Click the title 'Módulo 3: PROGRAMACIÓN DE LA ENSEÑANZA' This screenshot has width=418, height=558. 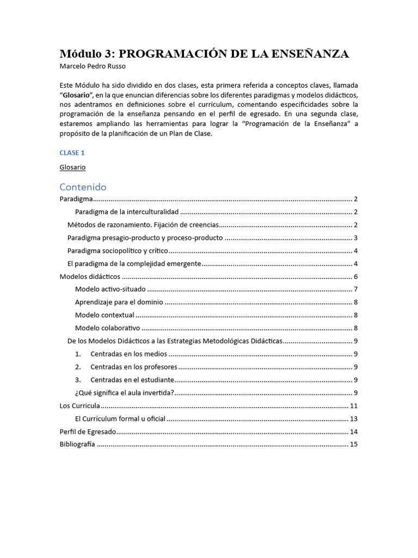pos(204,54)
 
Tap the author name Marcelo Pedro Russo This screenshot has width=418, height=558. pos(93,66)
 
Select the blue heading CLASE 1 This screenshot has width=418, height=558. pos(72,153)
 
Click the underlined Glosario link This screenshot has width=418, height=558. pos(72,167)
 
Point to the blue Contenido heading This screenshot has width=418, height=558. pos(83,187)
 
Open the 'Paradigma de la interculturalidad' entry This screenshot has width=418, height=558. pos(127,212)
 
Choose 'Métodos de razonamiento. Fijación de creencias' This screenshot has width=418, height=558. pos(143,225)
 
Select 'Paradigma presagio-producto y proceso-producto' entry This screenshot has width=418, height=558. pos(145,238)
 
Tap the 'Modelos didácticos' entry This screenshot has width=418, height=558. pos(82,277)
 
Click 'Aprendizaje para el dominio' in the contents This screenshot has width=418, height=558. pos(119,302)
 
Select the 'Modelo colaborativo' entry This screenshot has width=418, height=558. pos(108,328)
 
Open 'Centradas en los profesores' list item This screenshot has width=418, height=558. pos(134,367)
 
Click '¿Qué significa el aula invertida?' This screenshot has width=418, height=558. pos(124,393)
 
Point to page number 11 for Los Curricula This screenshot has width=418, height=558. pos(353,406)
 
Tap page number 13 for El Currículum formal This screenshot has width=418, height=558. pos(353,419)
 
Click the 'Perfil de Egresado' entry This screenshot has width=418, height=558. pos(88,432)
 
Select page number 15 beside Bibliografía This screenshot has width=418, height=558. pos(353,445)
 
